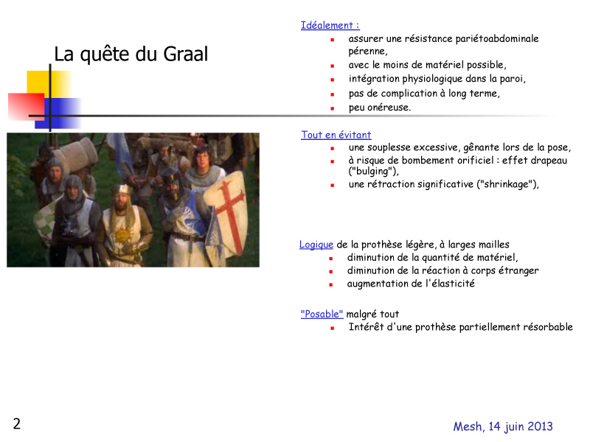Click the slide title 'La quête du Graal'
coord(131,54)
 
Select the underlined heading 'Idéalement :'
coord(330,26)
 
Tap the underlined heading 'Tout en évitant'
coord(336,135)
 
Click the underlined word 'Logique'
coord(316,245)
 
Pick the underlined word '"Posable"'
coord(322,314)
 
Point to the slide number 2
coord(16,424)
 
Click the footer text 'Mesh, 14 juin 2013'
coord(503,427)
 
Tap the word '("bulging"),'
coord(373,172)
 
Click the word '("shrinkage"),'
coord(507,184)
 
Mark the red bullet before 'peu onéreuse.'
coord(333,108)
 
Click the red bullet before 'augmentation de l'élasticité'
coord(330,284)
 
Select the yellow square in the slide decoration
coord(49,85)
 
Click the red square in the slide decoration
coord(27,107)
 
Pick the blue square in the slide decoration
coord(58,113)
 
